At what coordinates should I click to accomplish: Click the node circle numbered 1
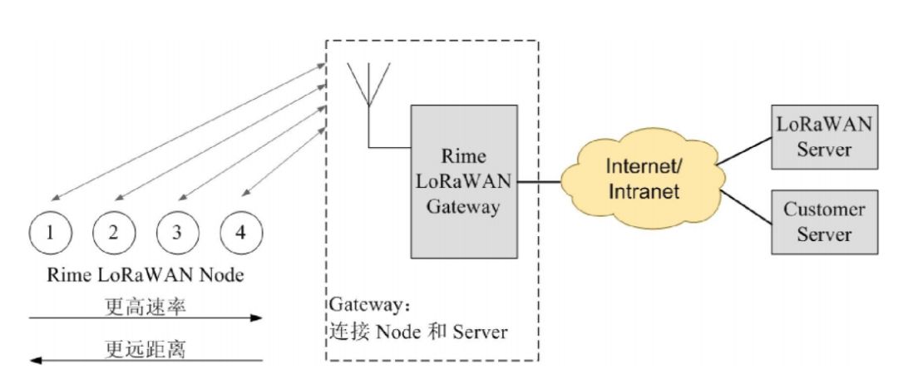(51, 232)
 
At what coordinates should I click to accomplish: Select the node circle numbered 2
(113, 232)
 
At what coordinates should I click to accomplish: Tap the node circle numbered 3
(176, 232)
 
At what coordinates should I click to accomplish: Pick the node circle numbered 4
(240, 232)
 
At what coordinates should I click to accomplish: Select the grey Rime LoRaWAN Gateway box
(463, 180)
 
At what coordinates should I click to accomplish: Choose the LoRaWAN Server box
(824, 137)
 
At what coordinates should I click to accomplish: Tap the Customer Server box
(824, 221)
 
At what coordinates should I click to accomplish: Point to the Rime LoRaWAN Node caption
(146, 273)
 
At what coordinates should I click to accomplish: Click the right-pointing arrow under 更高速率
(146, 318)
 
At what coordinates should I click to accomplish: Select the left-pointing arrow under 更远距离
(146, 361)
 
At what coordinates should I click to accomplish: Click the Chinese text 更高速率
(146, 305)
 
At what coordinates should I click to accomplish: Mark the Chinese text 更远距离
(146, 348)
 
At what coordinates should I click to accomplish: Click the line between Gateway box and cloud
(539, 180)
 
